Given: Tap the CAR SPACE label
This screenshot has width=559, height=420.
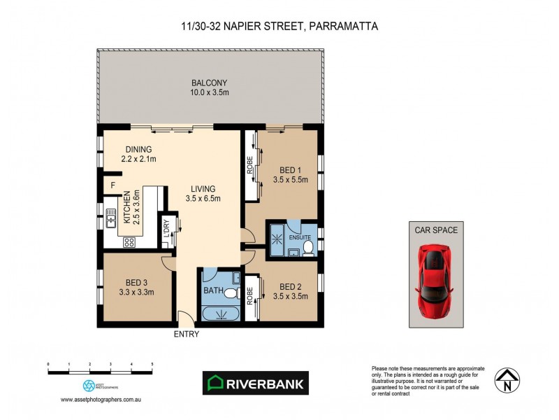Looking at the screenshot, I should click(x=436, y=229).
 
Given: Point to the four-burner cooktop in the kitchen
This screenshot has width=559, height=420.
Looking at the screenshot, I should click(x=129, y=242).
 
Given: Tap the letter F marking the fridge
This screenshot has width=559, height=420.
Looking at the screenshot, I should click(x=112, y=185).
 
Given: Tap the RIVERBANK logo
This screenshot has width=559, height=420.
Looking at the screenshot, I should click(x=255, y=383).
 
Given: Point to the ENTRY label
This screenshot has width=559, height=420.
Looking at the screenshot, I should click(x=187, y=334).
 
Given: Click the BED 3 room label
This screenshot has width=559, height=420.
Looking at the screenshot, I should click(x=136, y=282).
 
